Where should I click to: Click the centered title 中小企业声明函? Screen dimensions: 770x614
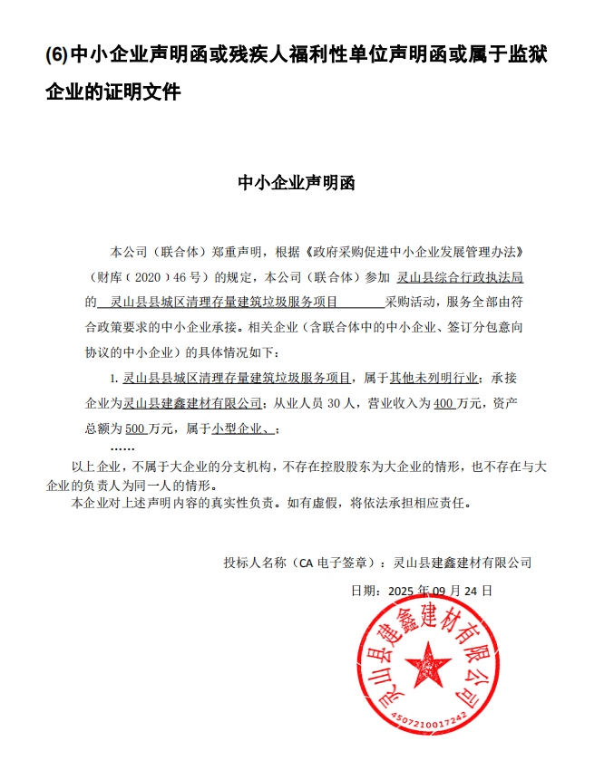coord(297,182)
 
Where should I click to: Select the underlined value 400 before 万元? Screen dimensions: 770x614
coord(444,403)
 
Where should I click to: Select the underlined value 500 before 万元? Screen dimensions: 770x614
coord(135,428)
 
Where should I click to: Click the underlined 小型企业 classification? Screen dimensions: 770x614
coord(240,428)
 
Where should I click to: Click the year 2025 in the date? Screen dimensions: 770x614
coord(400,591)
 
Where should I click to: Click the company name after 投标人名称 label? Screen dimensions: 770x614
coord(462,563)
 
